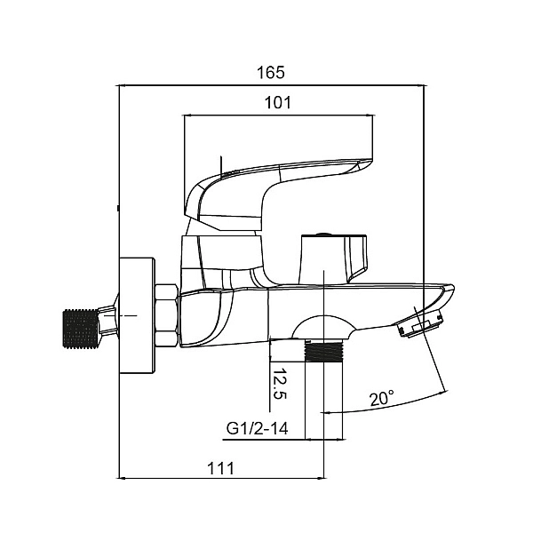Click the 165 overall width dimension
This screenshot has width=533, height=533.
click(x=271, y=73)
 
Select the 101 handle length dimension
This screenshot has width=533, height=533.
click(x=278, y=102)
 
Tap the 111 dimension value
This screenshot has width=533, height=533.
click(x=220, y=468)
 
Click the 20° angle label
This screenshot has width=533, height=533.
click(x=382, y=398)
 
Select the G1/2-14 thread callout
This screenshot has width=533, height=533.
click(x=257, y=428)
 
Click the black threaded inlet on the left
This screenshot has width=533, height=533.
click(x=81, y=329)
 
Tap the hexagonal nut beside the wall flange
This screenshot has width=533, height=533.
click(x=167, y=315)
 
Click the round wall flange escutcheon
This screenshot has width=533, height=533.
click(x=138, y=315)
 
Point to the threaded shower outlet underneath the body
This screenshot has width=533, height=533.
click(x=324, y=351)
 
